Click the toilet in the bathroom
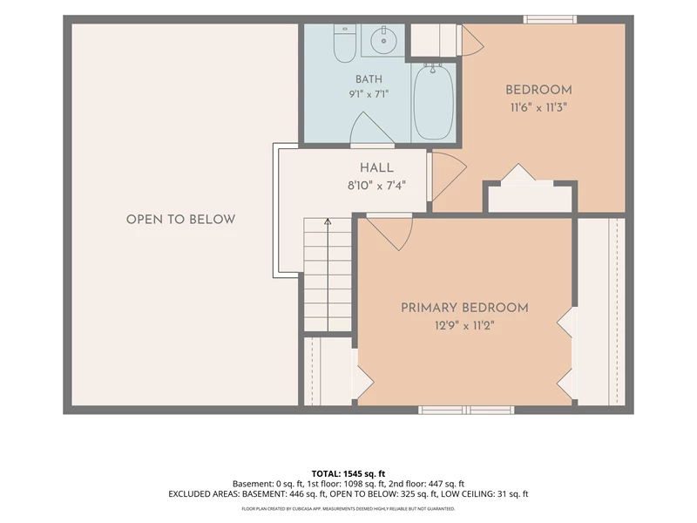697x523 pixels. pyautogui.click(x=344, y=43)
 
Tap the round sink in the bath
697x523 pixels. pyautogui.click(x=383, y=40)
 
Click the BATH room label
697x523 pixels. pyautogui.click(x=369, y=79)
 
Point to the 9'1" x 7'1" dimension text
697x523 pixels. pyautogui.click(x=369, y=94)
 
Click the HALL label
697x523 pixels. pyautogui.click(x=376, y=167)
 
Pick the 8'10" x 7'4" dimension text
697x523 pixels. pyautogui.click(x=376, y=185)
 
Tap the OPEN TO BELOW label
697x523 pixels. pyautogui.click(x=180, y=220)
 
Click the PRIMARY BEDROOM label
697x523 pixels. pyautogui.click(x=464, y=308)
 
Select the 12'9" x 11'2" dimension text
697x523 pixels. pyautogui.click(x=464, y=326)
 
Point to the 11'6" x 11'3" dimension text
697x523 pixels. pyautogui.click(x=538, y=107)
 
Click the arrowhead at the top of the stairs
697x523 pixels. pyautogui.click(x=328, y=221)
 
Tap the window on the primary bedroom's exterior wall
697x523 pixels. pyautogui.click(x=466, y=410)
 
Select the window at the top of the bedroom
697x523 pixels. pyautogui.click(x=550, y=19)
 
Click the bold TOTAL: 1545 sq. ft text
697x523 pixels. pyautogui.click(x=348, y=473)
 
